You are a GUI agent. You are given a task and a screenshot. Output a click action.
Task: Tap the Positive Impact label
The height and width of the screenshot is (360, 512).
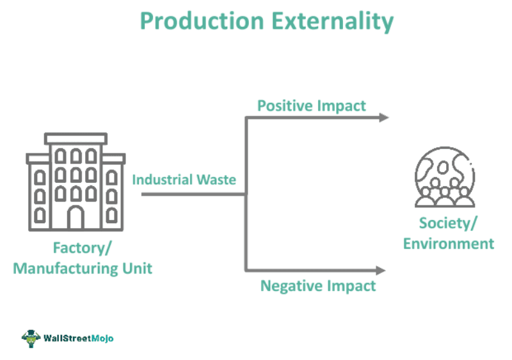pos(312,106)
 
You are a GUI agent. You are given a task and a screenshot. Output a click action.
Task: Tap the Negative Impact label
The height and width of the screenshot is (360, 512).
pos(318,286)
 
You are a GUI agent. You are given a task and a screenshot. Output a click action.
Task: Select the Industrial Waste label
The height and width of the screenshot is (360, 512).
pos(184,180)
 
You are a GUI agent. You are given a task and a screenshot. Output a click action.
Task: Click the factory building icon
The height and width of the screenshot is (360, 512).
pos(76,182)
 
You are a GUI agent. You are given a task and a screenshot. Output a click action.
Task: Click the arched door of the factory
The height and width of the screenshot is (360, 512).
pos(76,217)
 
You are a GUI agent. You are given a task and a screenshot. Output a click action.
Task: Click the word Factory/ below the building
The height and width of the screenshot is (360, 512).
pos(83,247)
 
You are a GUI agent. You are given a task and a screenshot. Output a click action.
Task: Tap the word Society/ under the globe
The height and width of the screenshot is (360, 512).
pos(449,223)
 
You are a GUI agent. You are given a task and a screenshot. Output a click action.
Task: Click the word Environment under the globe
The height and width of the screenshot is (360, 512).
pos(449,244)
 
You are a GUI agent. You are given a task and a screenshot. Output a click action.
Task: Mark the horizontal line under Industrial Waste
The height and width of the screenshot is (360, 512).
pos(192,194)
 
